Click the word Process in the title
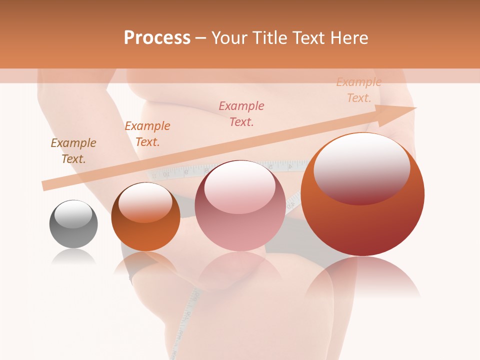(x=157, y=38)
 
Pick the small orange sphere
(x=145, y=217)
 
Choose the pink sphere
(x=240, y=205)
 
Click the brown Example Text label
(x=73, y=151)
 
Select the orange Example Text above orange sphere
(x=147, y=134)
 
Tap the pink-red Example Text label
(x=241, y=114)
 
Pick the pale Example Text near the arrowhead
(x=358, y=90)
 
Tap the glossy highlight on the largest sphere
(x=361, y=168)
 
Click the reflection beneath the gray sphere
(x=73, y=257)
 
